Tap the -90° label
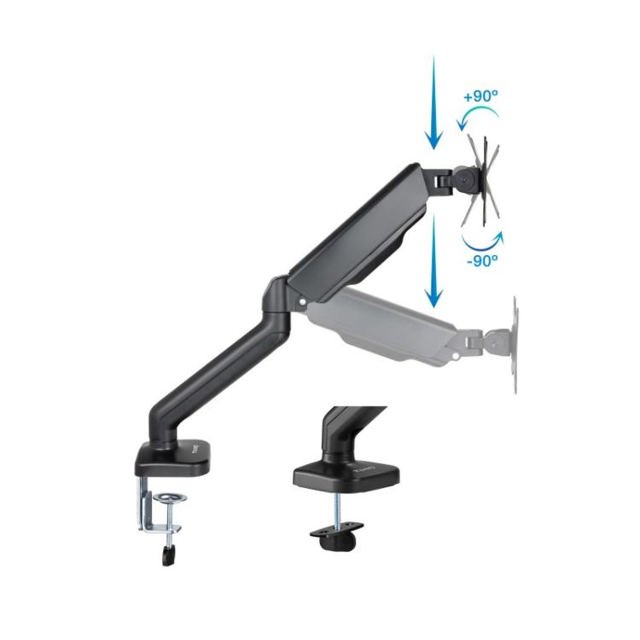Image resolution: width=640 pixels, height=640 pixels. coord(482,261)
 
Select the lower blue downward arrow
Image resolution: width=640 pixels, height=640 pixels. coord(434,260)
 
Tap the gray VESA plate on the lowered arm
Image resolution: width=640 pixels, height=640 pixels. coord(516,345)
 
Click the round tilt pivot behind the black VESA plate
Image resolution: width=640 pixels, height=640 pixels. coord(465,181)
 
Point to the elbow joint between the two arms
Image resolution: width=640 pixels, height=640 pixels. coord(282,300)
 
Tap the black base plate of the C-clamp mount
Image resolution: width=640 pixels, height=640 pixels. coord(171,461)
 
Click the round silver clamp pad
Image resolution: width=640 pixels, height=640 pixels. coord(171,497)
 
